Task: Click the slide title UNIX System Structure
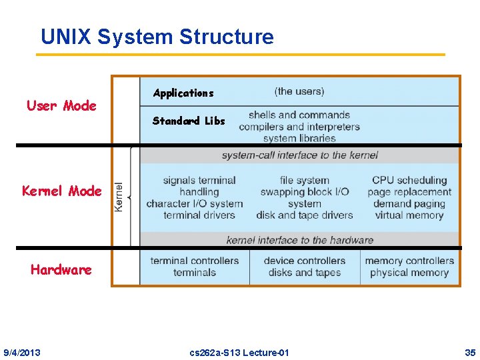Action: point(157,37)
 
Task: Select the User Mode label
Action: point(61,105)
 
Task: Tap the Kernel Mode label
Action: point(62,191)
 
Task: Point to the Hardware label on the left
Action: point(61,269)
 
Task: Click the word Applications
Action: point(183,93)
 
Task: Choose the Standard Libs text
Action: point(189,121)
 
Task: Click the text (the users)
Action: point(299,91)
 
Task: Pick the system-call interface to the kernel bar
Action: point(299,155)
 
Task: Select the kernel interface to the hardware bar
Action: point(299,240)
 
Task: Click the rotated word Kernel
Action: point(119,197)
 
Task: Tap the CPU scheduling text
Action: point(409,180)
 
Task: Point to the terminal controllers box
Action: point(194,267)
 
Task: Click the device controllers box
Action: point(305,267)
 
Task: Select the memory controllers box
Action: point(409,267)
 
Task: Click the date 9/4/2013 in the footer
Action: point(21,352)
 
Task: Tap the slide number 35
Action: point(470,352)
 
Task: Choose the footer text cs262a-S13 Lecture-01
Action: point(239,352)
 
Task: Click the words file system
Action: point(305,180)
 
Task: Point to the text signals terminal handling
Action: point(199,186)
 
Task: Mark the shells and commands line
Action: point(299,115)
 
